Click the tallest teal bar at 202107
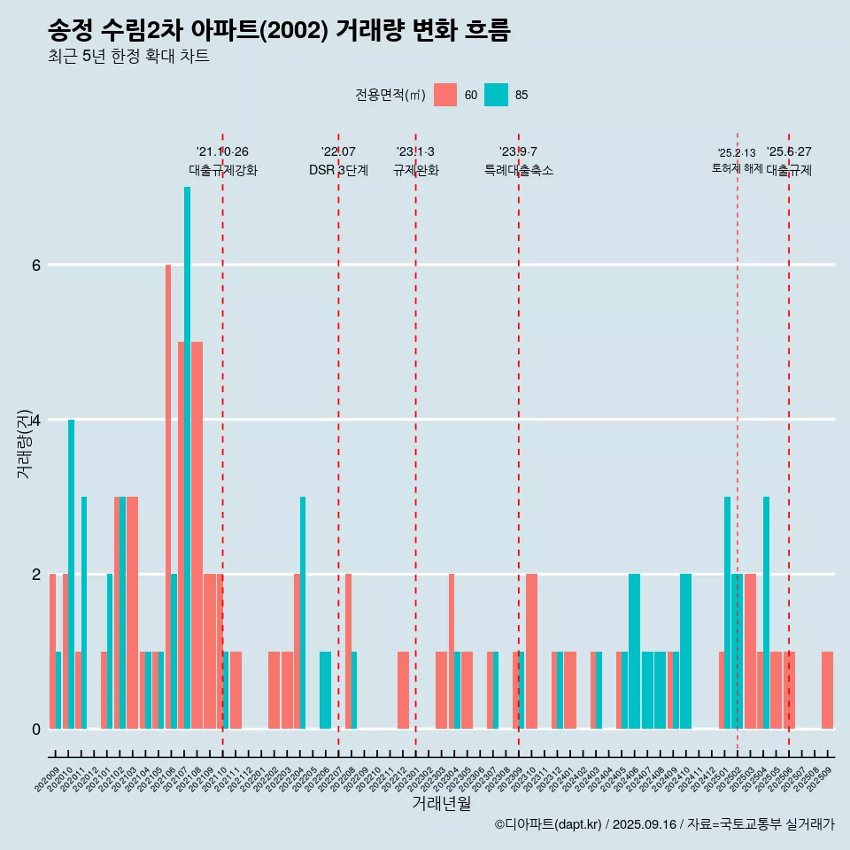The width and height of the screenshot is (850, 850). pos(187,443)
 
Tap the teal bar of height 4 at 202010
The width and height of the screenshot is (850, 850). pos(71,576)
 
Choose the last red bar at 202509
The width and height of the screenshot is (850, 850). pos(827,691)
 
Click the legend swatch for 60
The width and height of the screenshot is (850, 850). pos(445,95)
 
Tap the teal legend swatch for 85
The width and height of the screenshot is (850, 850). pos(496,95)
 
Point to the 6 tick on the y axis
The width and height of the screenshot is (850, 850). pos(35,265)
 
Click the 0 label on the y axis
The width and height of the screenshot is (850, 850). pos(35,729)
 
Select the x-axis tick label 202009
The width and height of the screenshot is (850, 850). pos(48,780)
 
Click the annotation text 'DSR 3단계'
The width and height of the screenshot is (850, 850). pos(338,170)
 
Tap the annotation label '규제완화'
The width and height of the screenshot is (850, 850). pos(416,170)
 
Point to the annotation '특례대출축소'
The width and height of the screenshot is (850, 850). pos(519,170)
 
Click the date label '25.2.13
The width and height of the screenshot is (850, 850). pos(737,153)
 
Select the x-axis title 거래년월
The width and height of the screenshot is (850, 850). pos(441,803)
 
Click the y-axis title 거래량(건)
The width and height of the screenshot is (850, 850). pos(24,443)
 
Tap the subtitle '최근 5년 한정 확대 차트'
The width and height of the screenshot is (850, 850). pos(128,57)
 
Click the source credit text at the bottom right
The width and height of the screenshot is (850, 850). pos(664,824)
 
